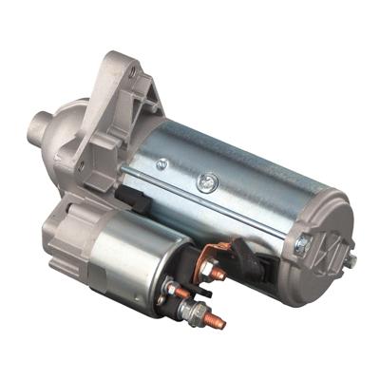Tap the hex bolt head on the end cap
302,245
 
